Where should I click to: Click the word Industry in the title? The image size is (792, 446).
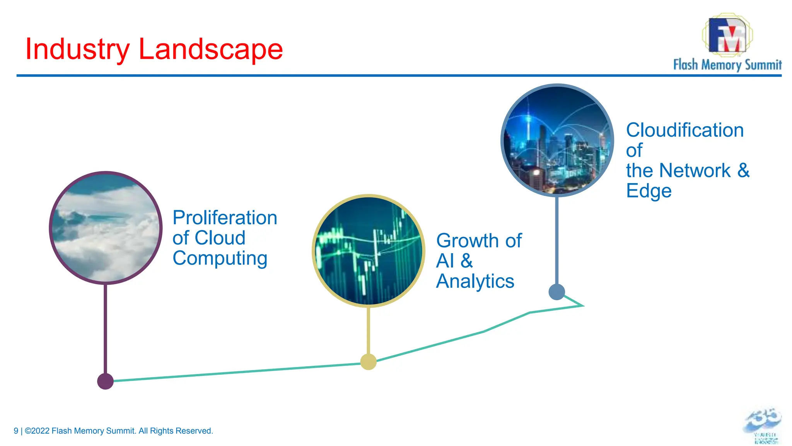pyautogui.click(x=77, y=50)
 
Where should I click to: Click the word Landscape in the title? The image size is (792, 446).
pyautogui.click(x=211, y=50)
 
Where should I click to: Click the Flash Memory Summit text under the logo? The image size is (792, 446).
pyautogui.click(x=727, y=65)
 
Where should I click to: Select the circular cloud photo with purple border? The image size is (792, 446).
pyautogui.click(x=106, y=228)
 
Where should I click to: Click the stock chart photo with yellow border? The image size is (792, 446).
pyautogui.click(x=368, y=251)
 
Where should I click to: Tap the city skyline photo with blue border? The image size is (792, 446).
pyautogui.click(x=557, y=140)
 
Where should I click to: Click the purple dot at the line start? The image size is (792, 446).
pyautogui.click(x=105, y=381)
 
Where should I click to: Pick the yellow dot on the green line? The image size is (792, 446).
pyautogui.click(x=368, y=362)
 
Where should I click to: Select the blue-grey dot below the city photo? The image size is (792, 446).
pyautogui.click(x=557, y=292)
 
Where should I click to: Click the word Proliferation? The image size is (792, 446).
pyautogui.click(x=225, y=218)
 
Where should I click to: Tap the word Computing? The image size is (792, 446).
pyautogui.click(x=220, y=258)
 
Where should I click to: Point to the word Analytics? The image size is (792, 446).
pyautogui.click(x=475, y=281)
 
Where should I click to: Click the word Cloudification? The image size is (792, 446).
pyautogui.click(x=685, y=130)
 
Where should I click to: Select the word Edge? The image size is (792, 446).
pyautogui.click(x=649, y=191)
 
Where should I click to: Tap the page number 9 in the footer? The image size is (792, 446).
pyautogui.click(x=16, y=431)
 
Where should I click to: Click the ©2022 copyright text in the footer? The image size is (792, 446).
pyautogui.click(x=37, y=431)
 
